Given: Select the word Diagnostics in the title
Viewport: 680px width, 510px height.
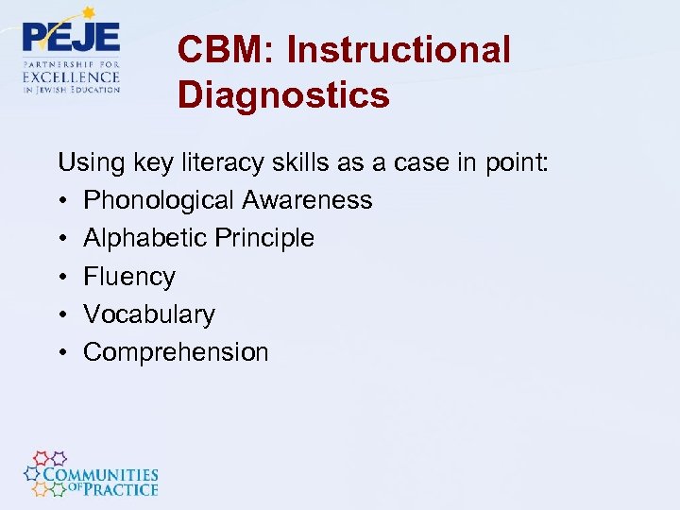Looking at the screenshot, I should click(x=283, y=95).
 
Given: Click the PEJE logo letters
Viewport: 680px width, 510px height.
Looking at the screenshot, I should click(x=72, y=39).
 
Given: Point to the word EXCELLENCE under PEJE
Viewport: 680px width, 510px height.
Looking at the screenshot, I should click(x=72, y=76).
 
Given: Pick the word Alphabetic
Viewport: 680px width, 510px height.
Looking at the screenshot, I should click(x=144, y=238).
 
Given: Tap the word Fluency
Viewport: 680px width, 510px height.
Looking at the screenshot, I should click(x=129, y=277).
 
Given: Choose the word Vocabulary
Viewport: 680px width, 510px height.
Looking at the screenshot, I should click(x=149, y=314).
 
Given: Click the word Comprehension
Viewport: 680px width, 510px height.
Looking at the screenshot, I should click(x=176, y=352).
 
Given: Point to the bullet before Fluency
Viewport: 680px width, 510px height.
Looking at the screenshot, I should click(x=62, y=277).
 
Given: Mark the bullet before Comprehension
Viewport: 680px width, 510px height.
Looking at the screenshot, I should click(x=62, y=352).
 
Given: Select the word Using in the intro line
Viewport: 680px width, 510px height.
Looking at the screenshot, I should click(x=86, y=162).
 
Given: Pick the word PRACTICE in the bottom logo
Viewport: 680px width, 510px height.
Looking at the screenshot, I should click(x=119, y=489).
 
